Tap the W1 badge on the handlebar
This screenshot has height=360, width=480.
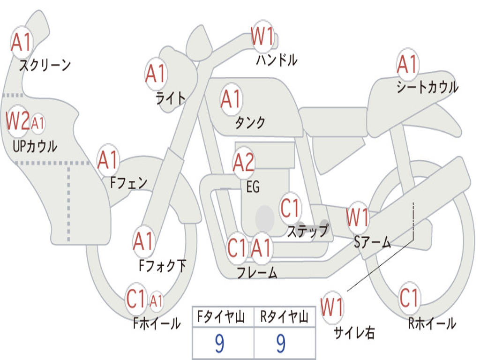(x=262, y=37)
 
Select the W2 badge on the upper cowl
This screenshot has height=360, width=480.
(x=18, y=121)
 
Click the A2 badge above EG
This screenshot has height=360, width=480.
(x=244, y=162)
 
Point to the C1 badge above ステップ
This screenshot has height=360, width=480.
(x=290, y=208)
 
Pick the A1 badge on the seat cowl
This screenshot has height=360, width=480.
(x=407, y=64)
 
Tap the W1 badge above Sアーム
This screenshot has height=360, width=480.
(x=358, y=217)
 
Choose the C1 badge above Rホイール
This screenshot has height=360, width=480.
(x=409, y=297)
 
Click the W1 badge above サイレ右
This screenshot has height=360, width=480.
(x=332, y=307)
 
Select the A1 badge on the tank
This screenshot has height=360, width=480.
(x=231, y=99)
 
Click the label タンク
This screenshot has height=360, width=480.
(x=250, y=123)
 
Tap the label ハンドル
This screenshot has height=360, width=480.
(x=277, y=60)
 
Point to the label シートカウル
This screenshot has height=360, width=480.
(x=427, y=87)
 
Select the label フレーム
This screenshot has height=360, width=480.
(x=257, y=272)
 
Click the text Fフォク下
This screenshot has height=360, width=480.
(x=162, y=266)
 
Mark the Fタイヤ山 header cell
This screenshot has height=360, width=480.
(x=223, y=318)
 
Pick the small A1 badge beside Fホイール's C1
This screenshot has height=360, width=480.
(x=156, y=300)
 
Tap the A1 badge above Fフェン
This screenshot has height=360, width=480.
(x=108, y=160)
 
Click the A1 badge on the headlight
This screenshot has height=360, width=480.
(x=156, y=74)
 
